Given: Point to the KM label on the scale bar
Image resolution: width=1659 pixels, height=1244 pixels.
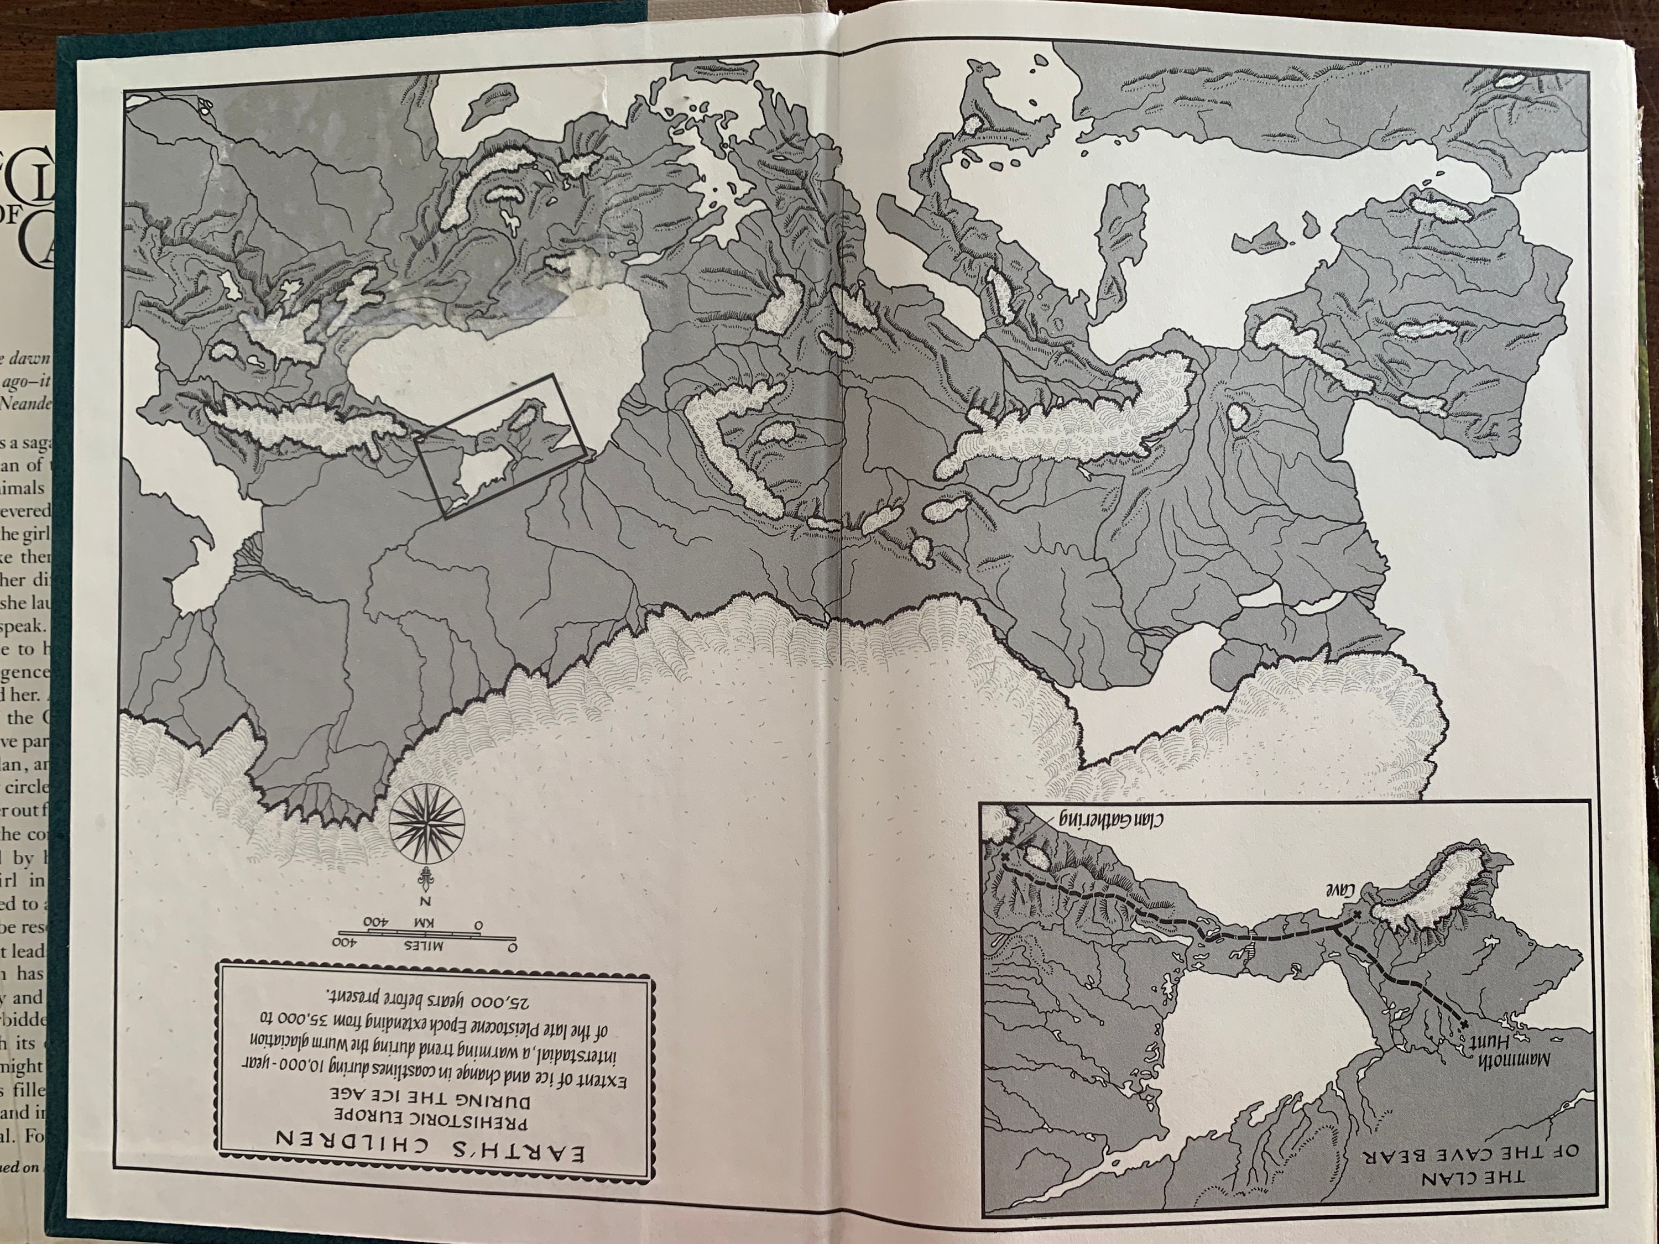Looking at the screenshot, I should (x=415, y=921).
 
